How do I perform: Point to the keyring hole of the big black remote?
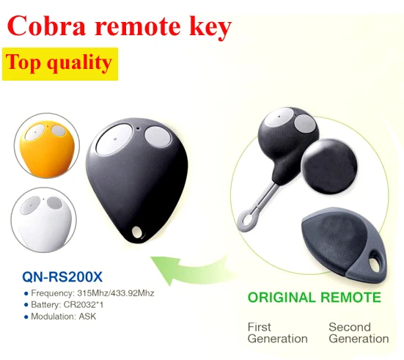click(x=136, y=232)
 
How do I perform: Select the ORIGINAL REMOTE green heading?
click(x=314, y=298)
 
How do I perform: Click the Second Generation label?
click(x=359, y=332)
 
